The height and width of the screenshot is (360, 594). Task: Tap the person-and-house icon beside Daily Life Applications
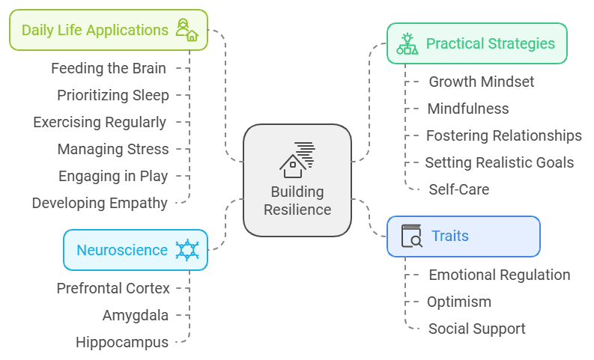[x=186, y=31]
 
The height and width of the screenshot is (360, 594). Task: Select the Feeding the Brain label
[x=109, y=69]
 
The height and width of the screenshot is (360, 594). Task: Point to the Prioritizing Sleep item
[x=113, y=95]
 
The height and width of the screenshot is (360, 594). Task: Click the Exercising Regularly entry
[x=100, y=122]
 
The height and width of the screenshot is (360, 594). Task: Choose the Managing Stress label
[x=113, y=149]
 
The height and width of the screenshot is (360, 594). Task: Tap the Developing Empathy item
[x=100, y=203]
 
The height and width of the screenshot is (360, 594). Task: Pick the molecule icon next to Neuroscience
[x=187, y=250]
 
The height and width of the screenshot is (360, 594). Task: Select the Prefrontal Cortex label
[x=113, y=288]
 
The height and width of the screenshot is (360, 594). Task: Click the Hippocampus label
[x=122, y=342]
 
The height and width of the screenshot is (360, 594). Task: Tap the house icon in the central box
[x=297, y=158]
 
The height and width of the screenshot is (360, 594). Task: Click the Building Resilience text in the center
[x=297, y=201]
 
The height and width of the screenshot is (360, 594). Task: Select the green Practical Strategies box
[x=476, y=43]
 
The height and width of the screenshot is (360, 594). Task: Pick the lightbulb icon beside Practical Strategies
[x=407, y=43]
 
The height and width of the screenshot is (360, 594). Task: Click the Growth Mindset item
[x=481, y=82]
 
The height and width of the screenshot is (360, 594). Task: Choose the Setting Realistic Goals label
[x=499, y=162]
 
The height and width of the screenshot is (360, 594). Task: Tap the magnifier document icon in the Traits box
[x=411, y=236]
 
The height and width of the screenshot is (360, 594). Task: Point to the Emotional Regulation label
[x=499, y=275]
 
